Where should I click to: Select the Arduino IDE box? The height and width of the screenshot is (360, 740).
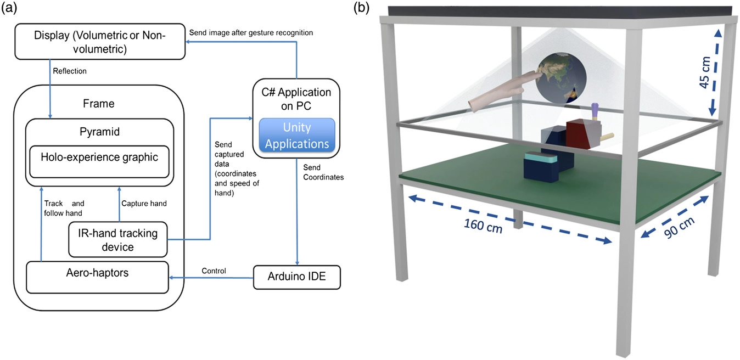tap(297, 277)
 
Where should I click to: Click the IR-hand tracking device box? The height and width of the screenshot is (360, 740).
tap(117, 240)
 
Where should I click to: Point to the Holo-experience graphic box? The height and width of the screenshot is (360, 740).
tap(99, 158)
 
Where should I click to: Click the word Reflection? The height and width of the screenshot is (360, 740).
tap(70, 71)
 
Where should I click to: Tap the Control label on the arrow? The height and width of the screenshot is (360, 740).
tap(213, 271)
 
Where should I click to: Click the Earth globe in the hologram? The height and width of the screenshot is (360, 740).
tap(558, 78)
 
